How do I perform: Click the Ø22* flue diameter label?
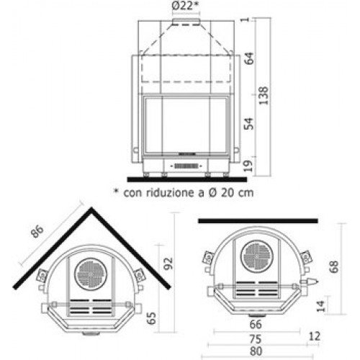pyautogui.click(x=186, y=6)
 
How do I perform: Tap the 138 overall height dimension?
pyautogui.click(x=264, y=96)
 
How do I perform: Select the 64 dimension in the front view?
pyautogui.click(x=249, y=58)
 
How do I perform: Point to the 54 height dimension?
pyautogui.click(x=248, y=124)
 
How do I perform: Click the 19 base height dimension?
pyautogui.click(x=248, y=166)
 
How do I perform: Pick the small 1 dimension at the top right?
pyautogui.click(x=246, y=19)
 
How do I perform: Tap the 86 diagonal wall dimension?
pyautogui.click(x=37, y=231)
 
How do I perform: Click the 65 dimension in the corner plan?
pyautogui.click(x=151, y=318)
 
